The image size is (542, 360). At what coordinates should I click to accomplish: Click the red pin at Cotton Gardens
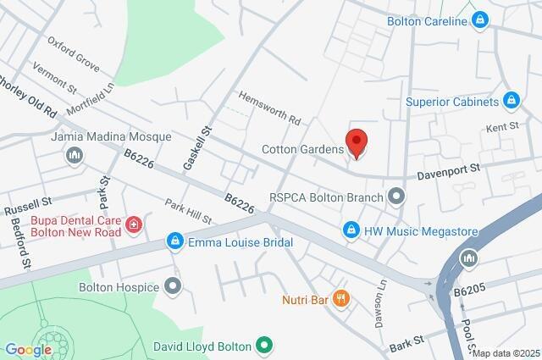coord(357,142)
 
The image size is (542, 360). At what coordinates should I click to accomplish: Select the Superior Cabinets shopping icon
coord(512,102)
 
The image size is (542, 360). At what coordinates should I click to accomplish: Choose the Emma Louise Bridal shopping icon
coord(174,241)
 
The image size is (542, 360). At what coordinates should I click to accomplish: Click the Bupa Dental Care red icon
coord(134,224)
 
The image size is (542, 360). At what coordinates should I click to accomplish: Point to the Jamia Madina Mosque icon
coord(74,155)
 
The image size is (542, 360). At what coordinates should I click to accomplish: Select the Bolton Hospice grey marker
coord(174,285)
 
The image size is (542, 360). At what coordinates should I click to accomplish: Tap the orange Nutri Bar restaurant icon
coord(341,297)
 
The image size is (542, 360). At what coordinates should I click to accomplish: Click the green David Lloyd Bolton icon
coord(264,346)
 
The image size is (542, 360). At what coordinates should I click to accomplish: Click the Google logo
coord(28,348)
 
